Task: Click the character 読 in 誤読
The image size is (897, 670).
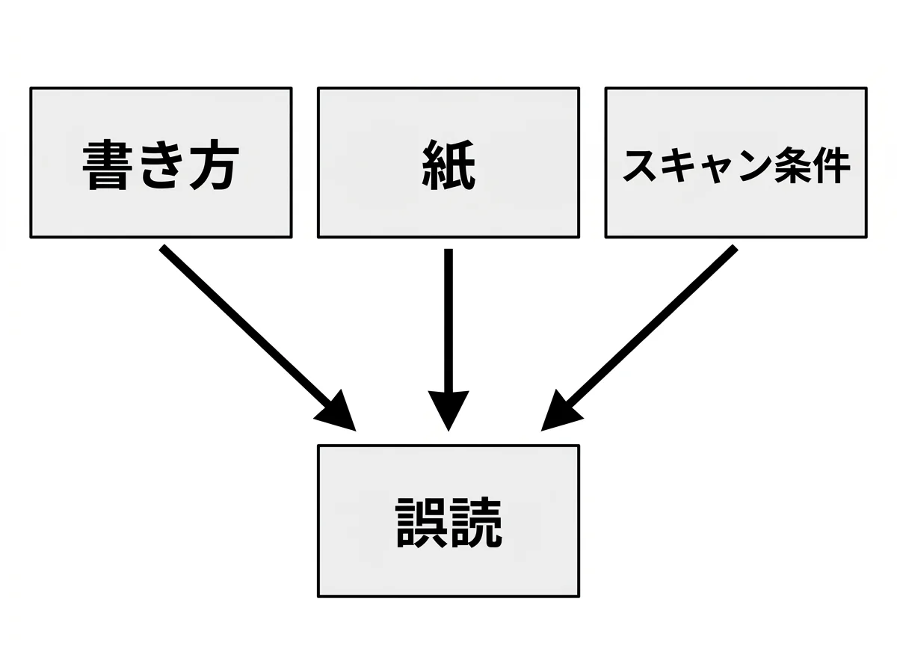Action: pos(475,522)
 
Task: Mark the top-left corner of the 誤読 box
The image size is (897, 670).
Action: pos(319,446)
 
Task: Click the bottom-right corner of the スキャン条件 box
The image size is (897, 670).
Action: pos(866,237)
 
